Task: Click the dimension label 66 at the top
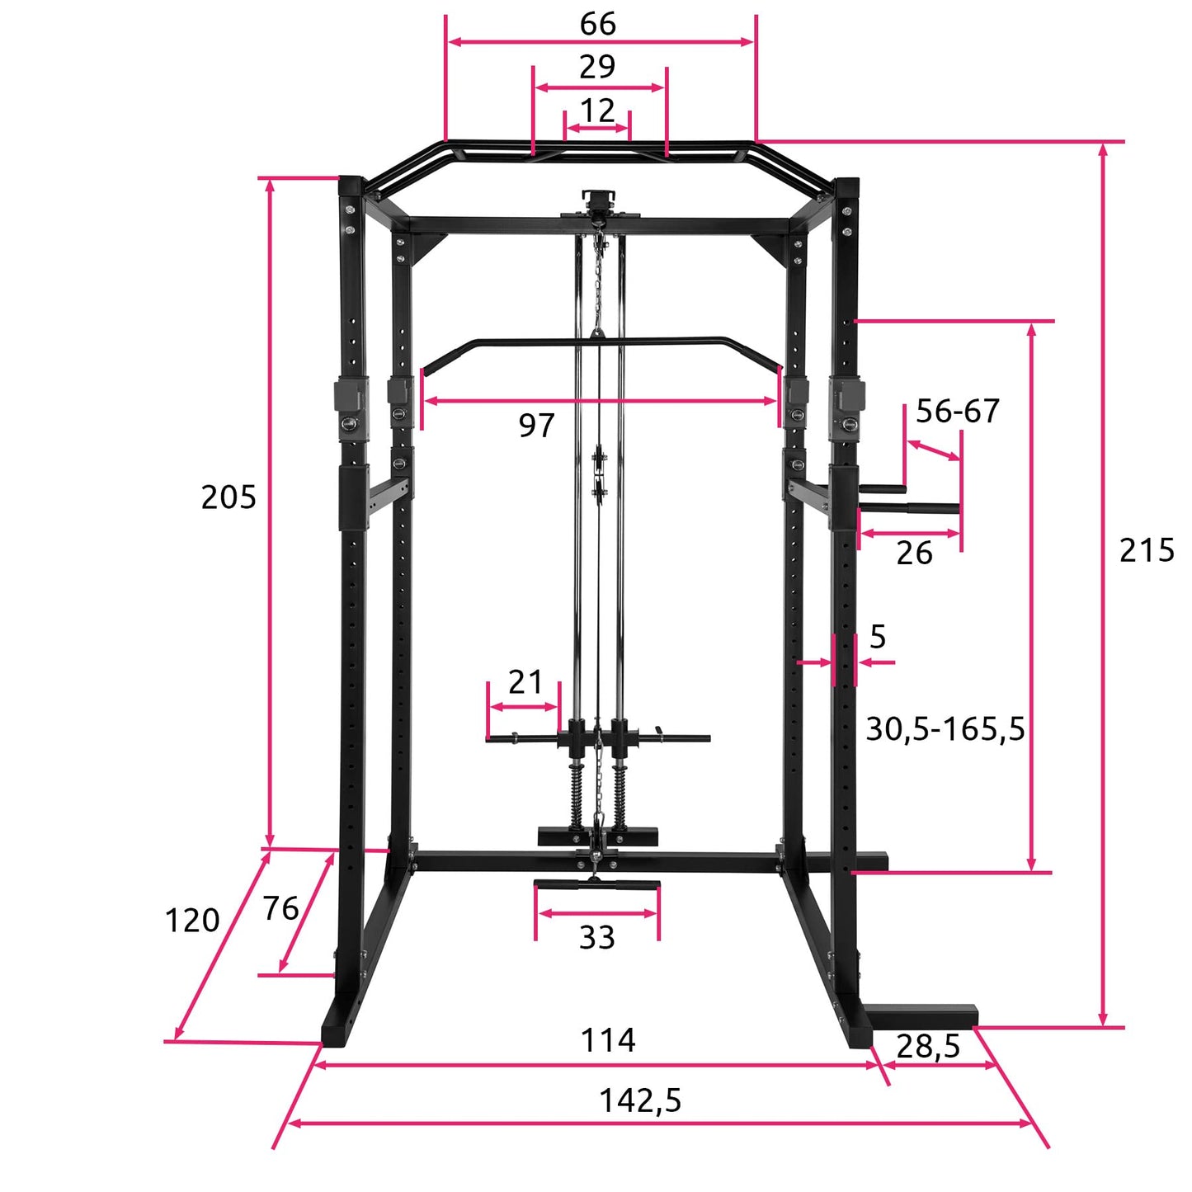(x=597, y=24)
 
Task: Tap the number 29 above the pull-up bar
(x=597, y=67)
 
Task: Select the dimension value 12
(x=597, y=111)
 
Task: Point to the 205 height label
(x=229, y=497)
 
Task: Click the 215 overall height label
(x=1147, y=550)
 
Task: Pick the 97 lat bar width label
(x=536, y=426)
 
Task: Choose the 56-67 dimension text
(x=957, y=412)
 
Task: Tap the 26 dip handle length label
(x=914, y=553)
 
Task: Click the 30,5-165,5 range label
(x=945, y=729)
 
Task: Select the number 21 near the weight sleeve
(x=525, y=682)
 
